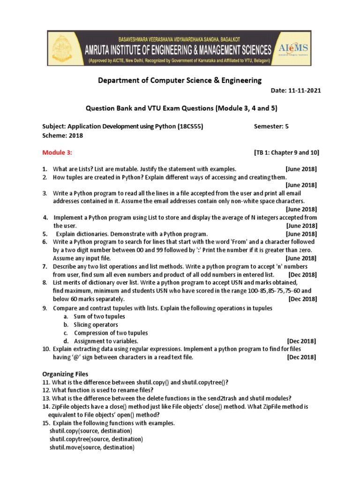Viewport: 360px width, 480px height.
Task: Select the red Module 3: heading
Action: point(57,152)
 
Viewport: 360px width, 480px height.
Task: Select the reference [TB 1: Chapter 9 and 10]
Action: point(286,153)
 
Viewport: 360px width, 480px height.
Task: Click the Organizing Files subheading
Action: point(65,374)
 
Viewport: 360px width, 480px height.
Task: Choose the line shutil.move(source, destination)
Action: point(92,448)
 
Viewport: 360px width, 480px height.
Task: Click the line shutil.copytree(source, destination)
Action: point(96,439)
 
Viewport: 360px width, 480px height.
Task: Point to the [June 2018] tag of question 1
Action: point(301,169)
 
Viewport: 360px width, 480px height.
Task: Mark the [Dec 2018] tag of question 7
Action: point(303,274)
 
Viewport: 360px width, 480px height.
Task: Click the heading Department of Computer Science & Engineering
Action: point(180,81)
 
